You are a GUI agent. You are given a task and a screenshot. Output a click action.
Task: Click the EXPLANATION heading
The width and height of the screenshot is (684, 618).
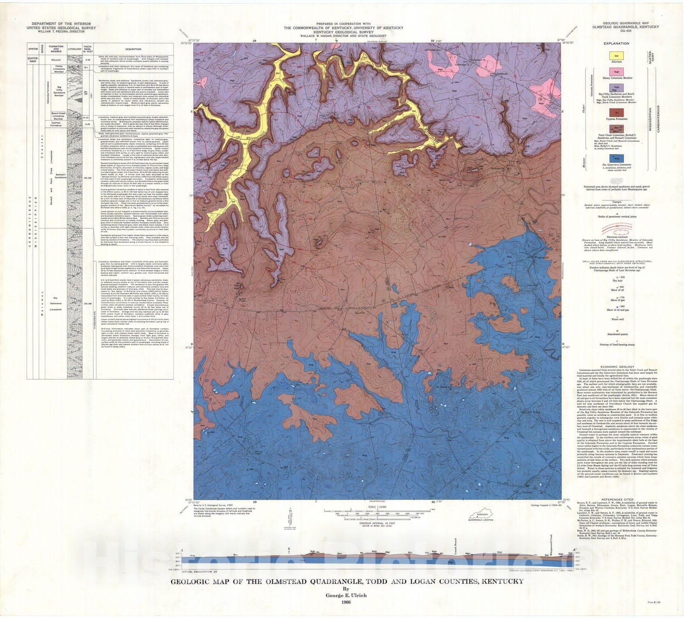tap(616, 43)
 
